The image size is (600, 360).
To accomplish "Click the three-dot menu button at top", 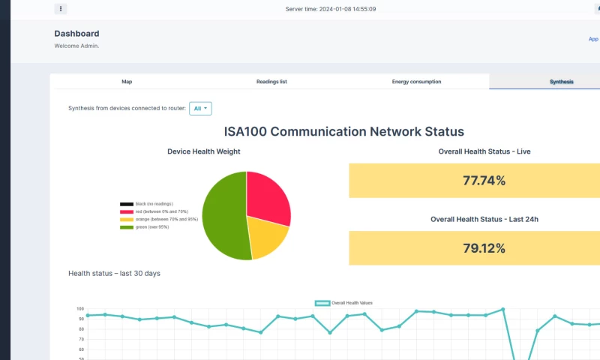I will pos(61,9).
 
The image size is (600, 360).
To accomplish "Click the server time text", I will pos(331,9).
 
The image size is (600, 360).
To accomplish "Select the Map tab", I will pos(127,81).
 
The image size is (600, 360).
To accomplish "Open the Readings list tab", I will pos(271,81).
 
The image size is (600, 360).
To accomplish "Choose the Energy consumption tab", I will pos(416,81).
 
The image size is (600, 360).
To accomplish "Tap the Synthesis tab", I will pos(561,81).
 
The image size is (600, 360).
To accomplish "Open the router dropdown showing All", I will pos(200,109).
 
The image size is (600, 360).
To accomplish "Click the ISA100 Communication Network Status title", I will pos(343,132).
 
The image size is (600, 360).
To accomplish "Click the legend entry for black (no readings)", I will pos(147,204).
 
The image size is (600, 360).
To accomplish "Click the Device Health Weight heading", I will pos(204,151).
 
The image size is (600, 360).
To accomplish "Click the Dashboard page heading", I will pos(76,34).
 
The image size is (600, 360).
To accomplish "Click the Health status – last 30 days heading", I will pos(114,274).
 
